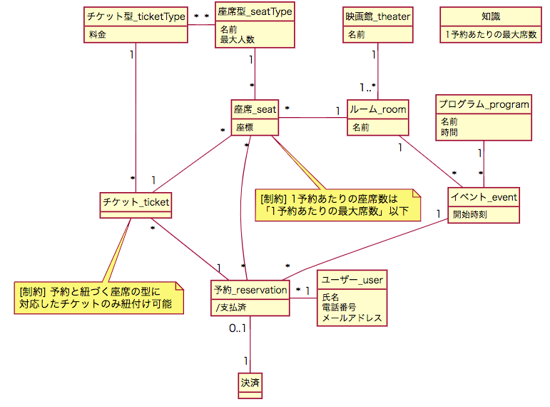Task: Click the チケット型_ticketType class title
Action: tap(136, 16)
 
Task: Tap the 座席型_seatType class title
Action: tap(255, 11)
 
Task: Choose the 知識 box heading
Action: tap(490, 16)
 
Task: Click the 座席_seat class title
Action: tap(255, 109)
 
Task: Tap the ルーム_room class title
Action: tap(377, 109)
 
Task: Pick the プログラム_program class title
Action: tap(484, 105)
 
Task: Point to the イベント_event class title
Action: tap(484, 196)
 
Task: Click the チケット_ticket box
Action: tap(136, 202)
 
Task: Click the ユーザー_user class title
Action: tap(352, 280)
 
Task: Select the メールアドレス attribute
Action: tap(352, 318)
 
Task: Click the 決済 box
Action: tap(250, 383)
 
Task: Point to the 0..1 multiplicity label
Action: tap(238, 328)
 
